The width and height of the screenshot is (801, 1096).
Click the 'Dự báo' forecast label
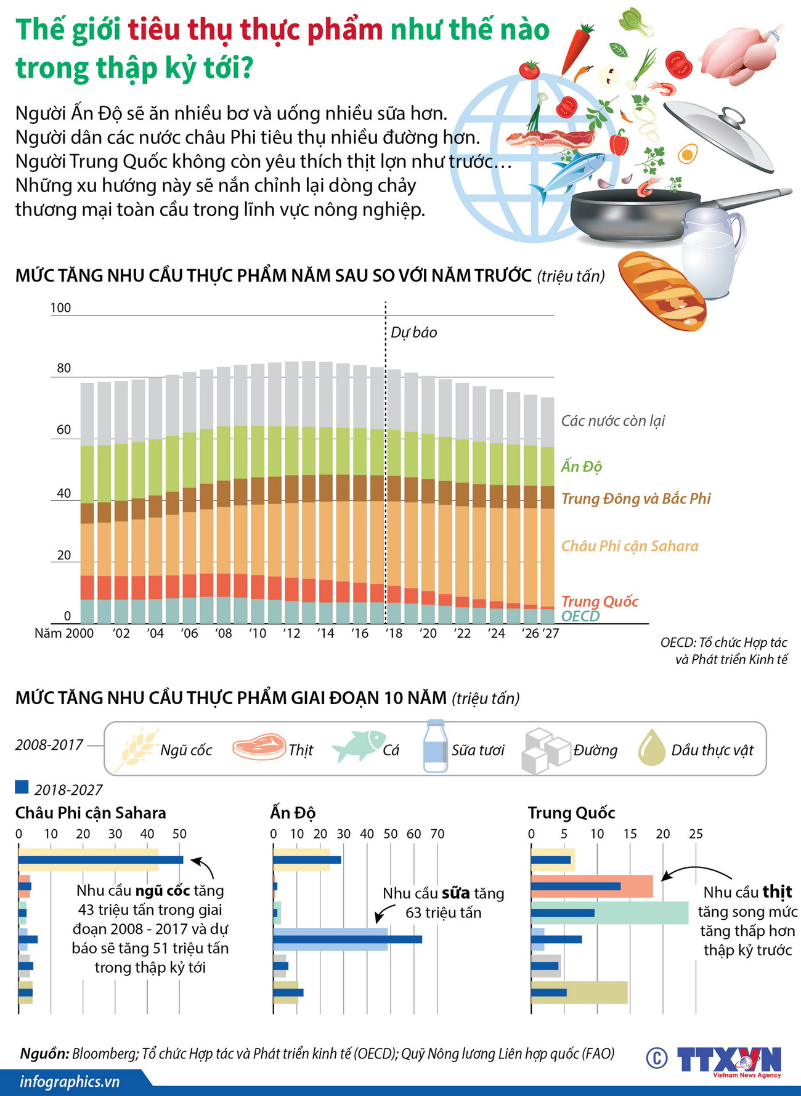pyautogui.click(x=414, y=333)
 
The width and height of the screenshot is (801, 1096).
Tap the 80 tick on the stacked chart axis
pyautogui.click(x=64, y=368)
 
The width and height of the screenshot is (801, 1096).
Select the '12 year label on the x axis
pyautogui.click(x=291, y=633)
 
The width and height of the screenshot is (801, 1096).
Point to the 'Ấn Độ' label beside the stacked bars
pyautogui.click(x=581, y=466)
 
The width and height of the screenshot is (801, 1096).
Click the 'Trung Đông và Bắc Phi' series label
pyautogui.click(x=636, y=498)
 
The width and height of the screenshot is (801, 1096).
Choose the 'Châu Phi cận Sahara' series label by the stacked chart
pyautogui.click(x=630, y=546)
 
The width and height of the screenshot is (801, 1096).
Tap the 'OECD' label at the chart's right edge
pyautogui.click(x=580, y=616)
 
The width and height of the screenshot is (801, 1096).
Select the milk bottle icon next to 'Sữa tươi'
pyautogui.click(x=435, y=746)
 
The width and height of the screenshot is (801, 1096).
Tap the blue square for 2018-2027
pyautogui.click(x=22, y=787)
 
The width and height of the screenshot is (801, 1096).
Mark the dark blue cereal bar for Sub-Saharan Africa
pyautogui.click(x=100, y=860)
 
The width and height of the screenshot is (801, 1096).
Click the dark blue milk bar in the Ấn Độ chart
pyautogui.click(x=348, y=940)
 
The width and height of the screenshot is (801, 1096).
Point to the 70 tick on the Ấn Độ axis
pyautogui.click(x=437, y=834)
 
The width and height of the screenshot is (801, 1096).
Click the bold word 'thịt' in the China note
pyautogui.click(x=777, y=892)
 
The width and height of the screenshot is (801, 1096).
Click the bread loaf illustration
pyautogui.click(x=662, y=290)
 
